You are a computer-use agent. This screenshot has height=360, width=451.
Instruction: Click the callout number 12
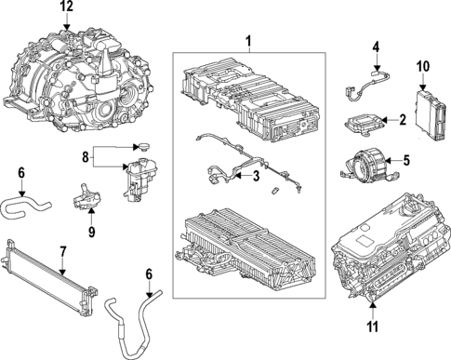coord(66,7)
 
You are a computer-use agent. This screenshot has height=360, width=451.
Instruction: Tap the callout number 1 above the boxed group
coord(248,41)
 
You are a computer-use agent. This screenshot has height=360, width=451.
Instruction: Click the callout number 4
coord(376,47)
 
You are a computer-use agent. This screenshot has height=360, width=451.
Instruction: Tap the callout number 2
coord(403,120)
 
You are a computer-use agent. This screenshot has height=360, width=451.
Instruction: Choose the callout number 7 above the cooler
coord(62,250)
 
